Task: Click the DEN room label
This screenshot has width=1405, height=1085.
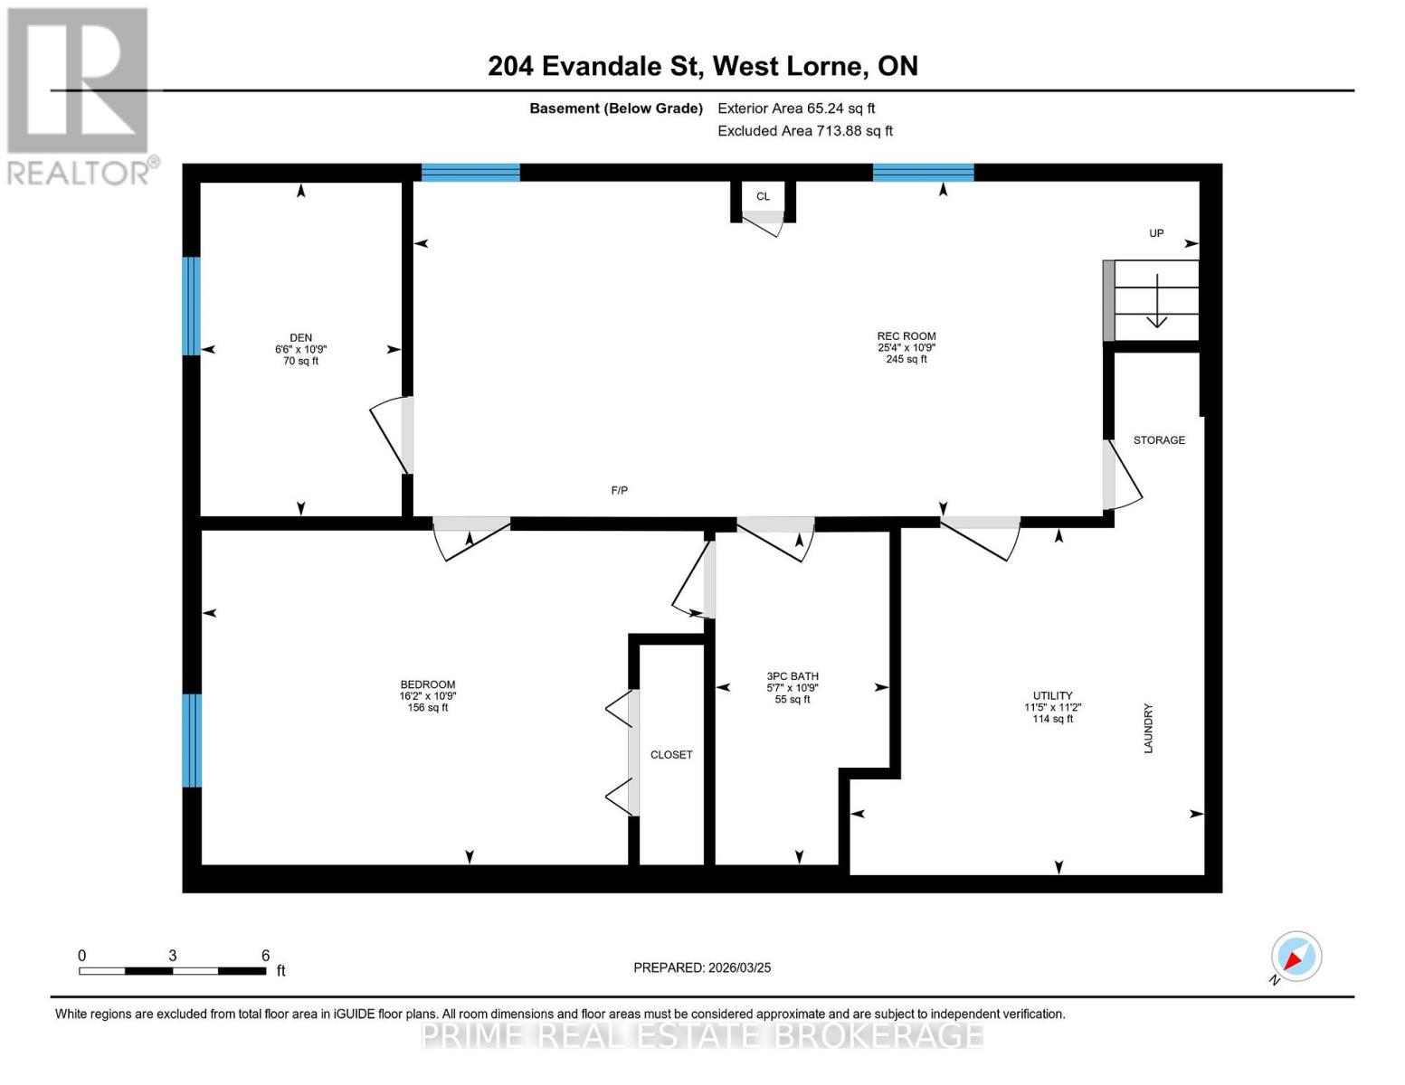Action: click(300, 338)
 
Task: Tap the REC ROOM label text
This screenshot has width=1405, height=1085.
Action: click(906, 336)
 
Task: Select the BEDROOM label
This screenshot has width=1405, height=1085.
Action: click(427, 684)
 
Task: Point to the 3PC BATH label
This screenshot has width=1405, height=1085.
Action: click(792, 676)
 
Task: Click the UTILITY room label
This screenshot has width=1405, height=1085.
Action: click(1052, 696)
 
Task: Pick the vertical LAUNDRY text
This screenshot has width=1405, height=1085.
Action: click(1148, 728)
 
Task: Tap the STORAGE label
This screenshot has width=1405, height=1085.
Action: click(1159, 440)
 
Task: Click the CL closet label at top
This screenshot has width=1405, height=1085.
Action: click(763, 196)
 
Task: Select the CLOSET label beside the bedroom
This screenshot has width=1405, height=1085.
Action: click(670, 754)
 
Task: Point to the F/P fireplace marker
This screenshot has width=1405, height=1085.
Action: click(619, 490)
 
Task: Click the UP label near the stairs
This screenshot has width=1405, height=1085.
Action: click(1156, 233)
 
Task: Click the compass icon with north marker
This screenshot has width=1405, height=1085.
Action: click(1296, 957)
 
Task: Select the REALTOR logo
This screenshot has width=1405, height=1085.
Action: click(80, 96)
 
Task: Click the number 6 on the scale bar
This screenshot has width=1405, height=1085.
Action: click(265, 956)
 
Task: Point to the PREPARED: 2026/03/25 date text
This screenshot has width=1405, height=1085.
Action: click(702, 967)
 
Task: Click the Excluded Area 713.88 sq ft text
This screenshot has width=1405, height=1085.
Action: click(804, 131)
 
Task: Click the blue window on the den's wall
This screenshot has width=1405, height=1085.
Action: click(191, 306)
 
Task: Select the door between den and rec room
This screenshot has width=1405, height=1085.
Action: click(395, 435)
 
